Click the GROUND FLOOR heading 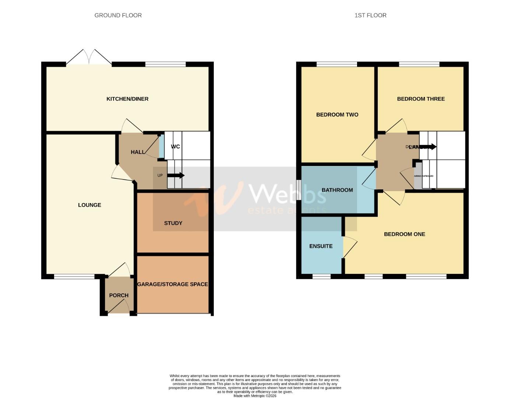118,15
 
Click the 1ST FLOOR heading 370,15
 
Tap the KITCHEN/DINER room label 127,99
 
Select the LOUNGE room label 90,205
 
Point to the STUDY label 173,223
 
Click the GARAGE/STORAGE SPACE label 172,284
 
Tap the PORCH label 119,295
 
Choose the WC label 175,146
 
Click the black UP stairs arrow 176,175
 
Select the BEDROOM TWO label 337,115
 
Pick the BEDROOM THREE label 421,99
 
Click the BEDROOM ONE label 404,234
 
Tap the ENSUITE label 321,246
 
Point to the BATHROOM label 337,190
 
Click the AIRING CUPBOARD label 424,176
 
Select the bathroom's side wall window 298,190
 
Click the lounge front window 74,276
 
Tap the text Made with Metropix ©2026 255,396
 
